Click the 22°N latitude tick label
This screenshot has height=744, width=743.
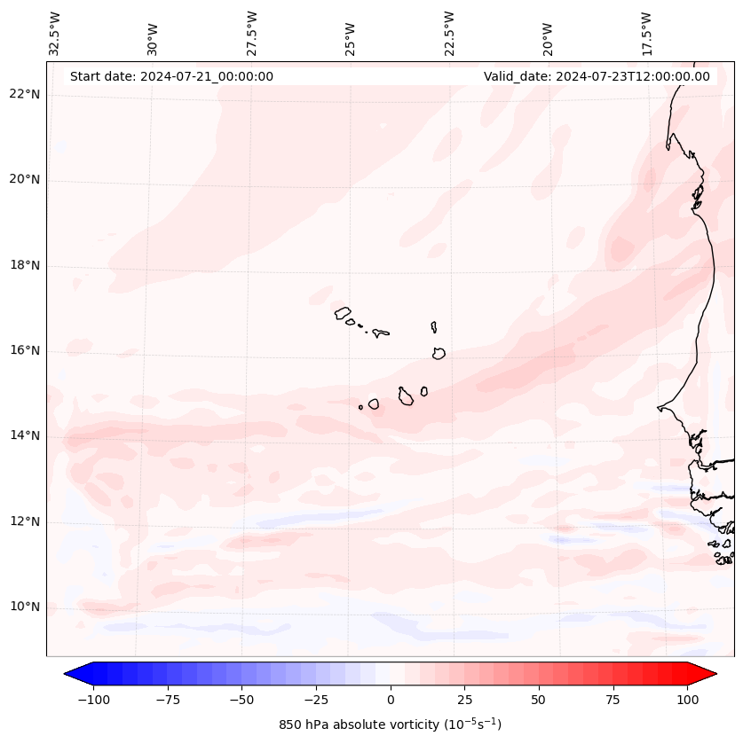click(x=26, y=95)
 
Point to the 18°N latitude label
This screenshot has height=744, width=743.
click(x=26, y=266)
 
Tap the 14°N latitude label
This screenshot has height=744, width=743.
click(x=26, y=435)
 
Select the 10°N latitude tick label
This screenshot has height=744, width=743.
click(x=26, y=607)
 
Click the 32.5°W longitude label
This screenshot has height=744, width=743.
click(x=55, y=33)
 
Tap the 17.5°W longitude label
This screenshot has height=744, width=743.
click(x=646, y=33)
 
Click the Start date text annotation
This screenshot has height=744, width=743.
click(x=171, y=76)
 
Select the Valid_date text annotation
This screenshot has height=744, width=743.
click(x=597, y=76)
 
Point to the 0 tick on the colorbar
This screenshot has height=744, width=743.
click(x=391, y=700)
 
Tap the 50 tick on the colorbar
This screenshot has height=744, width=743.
click(x=538, y=700)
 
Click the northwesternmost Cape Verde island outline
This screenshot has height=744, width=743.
click(x=343, y=312)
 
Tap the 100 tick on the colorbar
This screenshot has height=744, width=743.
click(x=687, y=700)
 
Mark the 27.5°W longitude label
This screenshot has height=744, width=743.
click(x=252, y=33)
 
